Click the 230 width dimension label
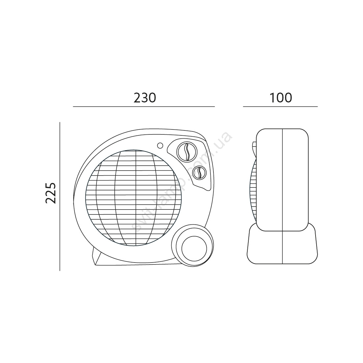[145, 98]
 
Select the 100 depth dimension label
[281, 98]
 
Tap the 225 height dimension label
[51, 193]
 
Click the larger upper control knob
[187, 152]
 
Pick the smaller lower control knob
[199, 173]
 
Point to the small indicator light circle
[160, 146]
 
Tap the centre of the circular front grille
[134, 198]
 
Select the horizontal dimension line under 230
[144, 107]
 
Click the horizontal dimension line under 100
[280, 107]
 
